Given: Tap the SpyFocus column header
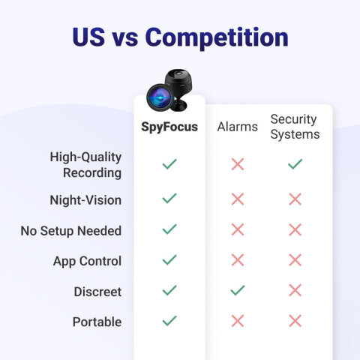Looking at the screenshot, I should pos(169,127).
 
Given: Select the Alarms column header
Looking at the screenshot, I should pos(238,127).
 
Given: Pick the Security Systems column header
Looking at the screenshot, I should pos(295,127).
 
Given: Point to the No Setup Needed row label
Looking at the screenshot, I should pos(71,231).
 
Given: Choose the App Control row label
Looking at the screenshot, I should pos(87,261).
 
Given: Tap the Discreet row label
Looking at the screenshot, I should pos(97,292).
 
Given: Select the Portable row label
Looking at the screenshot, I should pos(97,322).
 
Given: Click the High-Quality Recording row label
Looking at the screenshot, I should pos(85,165).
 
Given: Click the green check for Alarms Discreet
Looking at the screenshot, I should pos(238,290).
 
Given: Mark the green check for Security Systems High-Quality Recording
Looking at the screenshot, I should pos(295,163).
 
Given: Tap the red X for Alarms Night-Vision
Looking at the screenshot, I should pos(238,199).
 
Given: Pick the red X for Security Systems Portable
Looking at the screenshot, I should pos(295,321).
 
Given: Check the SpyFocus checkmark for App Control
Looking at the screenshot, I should pos(169,259).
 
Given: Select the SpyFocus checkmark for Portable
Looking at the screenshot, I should pos(169,320).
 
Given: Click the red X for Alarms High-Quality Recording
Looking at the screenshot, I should pos(238,164).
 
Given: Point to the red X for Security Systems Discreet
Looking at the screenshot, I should pos(295,290).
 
